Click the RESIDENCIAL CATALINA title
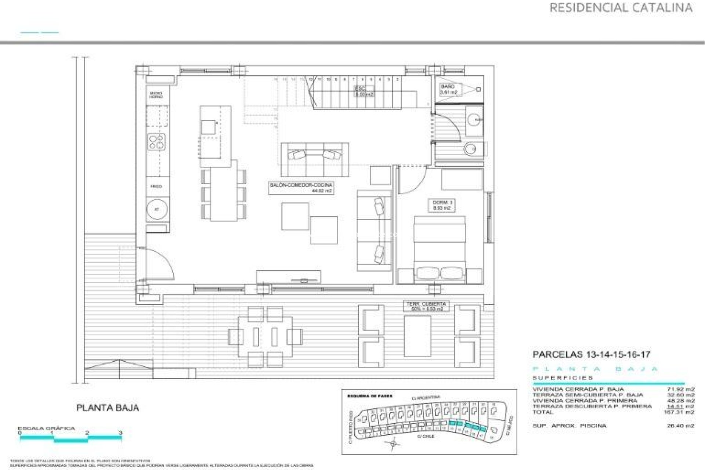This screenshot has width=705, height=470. pyautogui.click(x=621, y=8)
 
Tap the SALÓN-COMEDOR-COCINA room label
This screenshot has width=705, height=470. pyautogui.click(x=301, y=188)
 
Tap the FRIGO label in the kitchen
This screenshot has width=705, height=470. pyautogui.click(x=156, y=187)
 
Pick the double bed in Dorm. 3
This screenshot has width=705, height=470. pyautogui.click(x=440, y=250)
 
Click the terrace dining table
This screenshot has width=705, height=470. pyautogui.click(x=265, y=336)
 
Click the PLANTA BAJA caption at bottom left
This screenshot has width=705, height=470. pyautogui.click(x=108, y=408)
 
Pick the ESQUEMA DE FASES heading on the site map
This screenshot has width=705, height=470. pyautogui.click(x=370, y=396)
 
